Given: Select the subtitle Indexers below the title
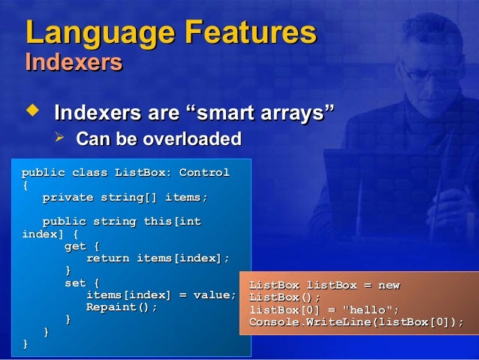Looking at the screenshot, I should point(74,62).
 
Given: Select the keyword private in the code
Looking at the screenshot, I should point(68,198).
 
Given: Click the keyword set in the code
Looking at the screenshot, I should point(75,283).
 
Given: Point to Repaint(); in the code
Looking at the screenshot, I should point(122,307).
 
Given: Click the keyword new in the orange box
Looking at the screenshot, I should point(388,286).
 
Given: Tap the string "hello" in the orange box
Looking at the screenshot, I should point(369,310).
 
